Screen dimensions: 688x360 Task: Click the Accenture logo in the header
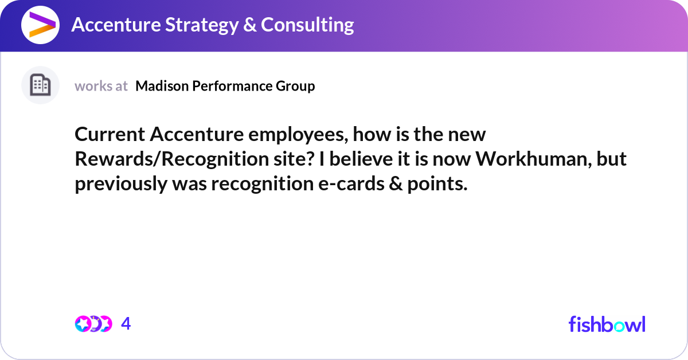click(40, 25)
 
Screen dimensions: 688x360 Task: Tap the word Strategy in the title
click(202, 25)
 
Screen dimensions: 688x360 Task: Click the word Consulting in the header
click(307, 25)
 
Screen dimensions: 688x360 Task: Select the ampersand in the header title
click(250, 25)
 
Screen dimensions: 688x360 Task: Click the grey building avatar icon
click(40, 85)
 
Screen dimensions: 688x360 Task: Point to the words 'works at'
click(101, 86)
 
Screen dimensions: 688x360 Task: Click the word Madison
click(162, 85)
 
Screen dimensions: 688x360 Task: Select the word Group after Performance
click(295, 87)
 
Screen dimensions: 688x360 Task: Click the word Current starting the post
click(110, 134)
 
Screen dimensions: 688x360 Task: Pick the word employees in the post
click(298, 135)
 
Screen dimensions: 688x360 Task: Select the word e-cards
click(351, 183)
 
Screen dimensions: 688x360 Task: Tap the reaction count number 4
click(126, 323)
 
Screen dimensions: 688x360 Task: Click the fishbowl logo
click(607, 324)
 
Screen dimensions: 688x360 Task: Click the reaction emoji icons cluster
click(93, 324)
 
